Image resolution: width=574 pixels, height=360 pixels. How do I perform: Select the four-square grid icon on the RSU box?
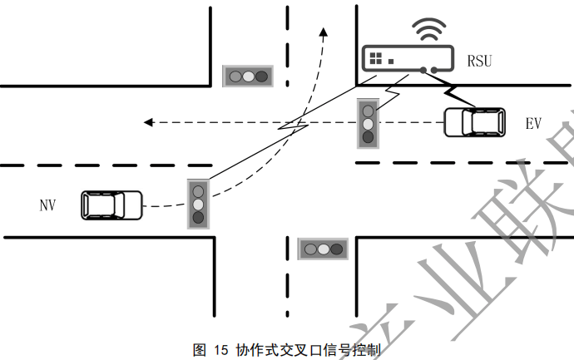377,58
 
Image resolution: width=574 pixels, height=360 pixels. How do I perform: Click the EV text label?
534,124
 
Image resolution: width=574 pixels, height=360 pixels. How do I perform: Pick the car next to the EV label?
474,123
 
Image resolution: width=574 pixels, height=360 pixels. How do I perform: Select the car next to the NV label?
111,205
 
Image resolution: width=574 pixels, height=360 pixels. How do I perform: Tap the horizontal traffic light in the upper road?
248,76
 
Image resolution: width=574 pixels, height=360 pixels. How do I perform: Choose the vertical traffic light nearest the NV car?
198,203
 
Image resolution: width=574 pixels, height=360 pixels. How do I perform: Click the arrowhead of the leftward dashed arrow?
148,123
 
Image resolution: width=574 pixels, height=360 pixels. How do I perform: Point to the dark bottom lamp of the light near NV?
198,218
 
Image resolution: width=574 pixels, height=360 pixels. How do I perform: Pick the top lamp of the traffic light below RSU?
368,108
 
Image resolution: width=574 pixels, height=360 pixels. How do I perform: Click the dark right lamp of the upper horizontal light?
262,76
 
